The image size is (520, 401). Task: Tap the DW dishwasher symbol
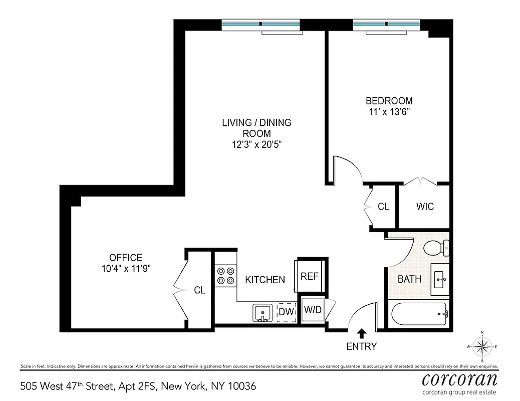pos(286,312)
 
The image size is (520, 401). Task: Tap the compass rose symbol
pos(482,346)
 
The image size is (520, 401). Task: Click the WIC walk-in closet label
pos(425,207)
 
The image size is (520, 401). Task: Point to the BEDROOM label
pos(389,101)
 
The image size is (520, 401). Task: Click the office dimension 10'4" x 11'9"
pos(126,268)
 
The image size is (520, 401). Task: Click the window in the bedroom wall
pos(387,24)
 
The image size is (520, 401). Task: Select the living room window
pos(261,24)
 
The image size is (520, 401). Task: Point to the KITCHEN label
pos(265,280)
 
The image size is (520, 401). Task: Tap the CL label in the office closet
pos(199,290)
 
